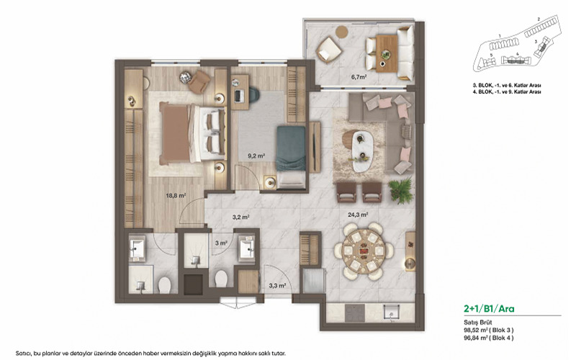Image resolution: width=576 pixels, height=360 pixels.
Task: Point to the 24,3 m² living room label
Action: [x=358, y=214]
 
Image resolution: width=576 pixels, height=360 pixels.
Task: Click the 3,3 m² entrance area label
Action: [x=277, y=286]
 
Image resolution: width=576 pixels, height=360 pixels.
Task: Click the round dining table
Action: [x=363, y=250]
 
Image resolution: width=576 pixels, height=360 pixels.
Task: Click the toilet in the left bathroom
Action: [x=163, y=285]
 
